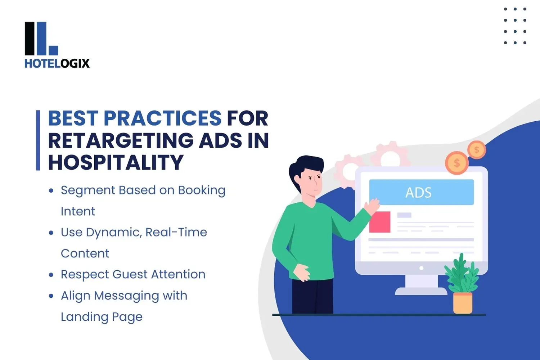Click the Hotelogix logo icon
[41, 39]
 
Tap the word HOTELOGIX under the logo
[57, 64]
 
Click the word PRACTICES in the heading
[162, 118]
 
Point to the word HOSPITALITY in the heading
[116, 162]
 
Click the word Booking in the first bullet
[202, 190]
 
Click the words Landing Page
[102, 317]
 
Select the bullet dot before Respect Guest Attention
[51, 275]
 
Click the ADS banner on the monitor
[421, 192]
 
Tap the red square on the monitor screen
[380, 222]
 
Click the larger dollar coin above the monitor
[456, 163]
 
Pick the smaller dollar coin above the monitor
[477, 150]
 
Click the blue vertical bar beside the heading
[38, 140]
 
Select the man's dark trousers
[312, 296]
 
